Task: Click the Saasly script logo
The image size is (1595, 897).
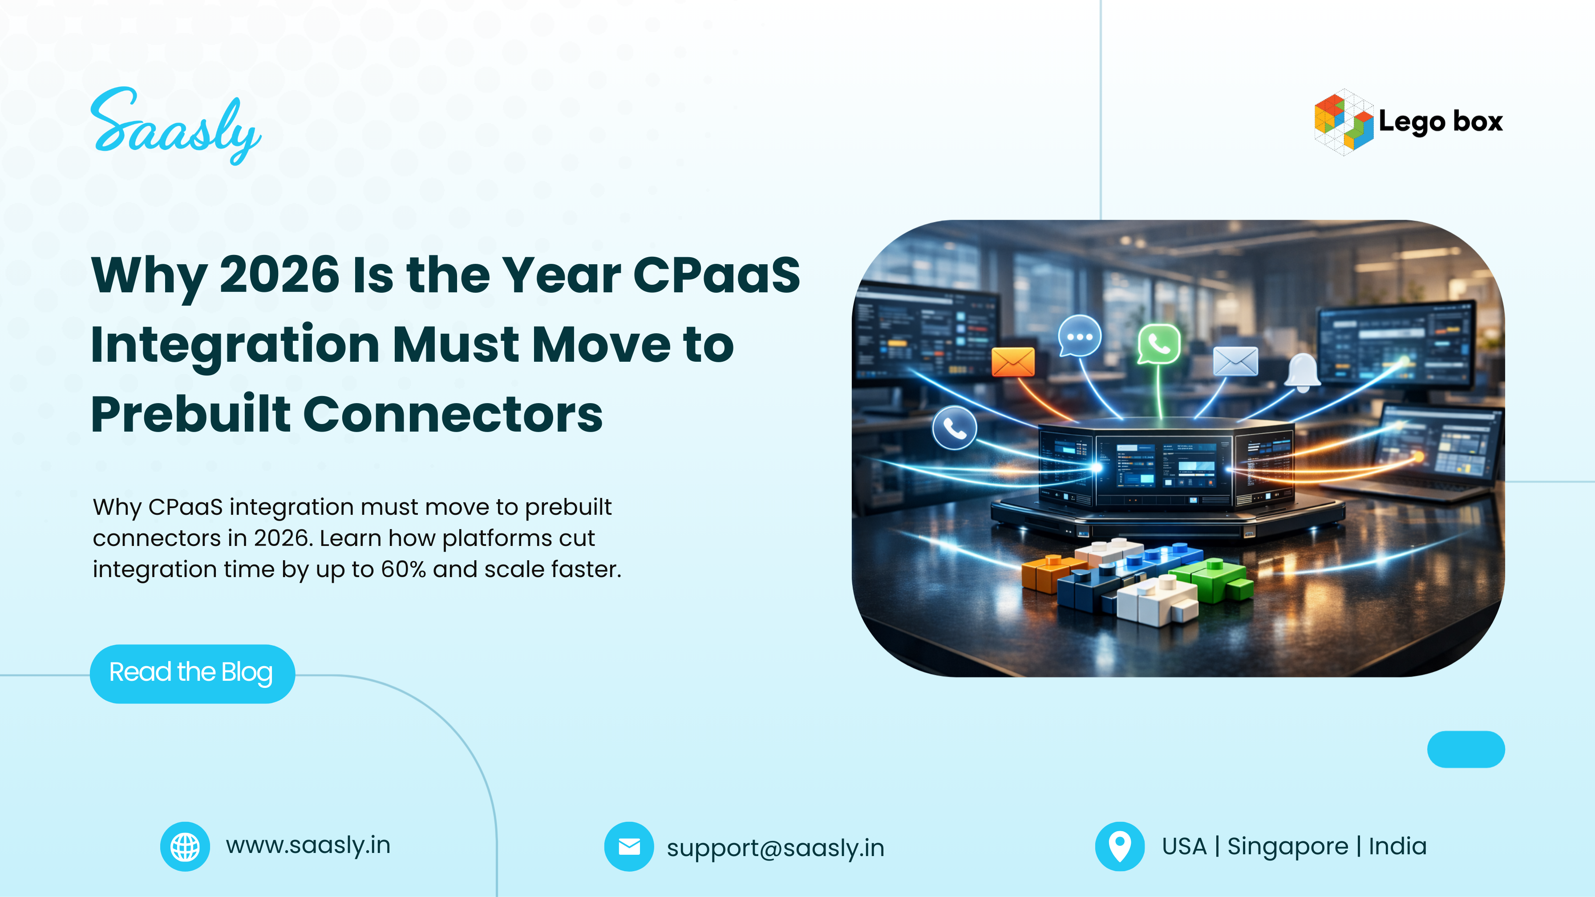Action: [x=175, y=127]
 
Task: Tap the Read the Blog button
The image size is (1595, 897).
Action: [x=192, y=673]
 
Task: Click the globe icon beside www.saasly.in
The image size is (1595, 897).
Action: [x=185, y=846]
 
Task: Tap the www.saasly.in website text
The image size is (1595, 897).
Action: [x=308, y=845]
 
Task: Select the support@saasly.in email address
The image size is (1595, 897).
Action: [x=775, y=848]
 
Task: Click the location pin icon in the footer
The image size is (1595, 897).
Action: [x=1119, y=846]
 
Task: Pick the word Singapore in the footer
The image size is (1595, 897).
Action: [x=1287, y=846]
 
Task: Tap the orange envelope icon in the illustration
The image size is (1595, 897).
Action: [x=1012, y=362]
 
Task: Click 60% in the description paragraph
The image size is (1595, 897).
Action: [x=403, y=570]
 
